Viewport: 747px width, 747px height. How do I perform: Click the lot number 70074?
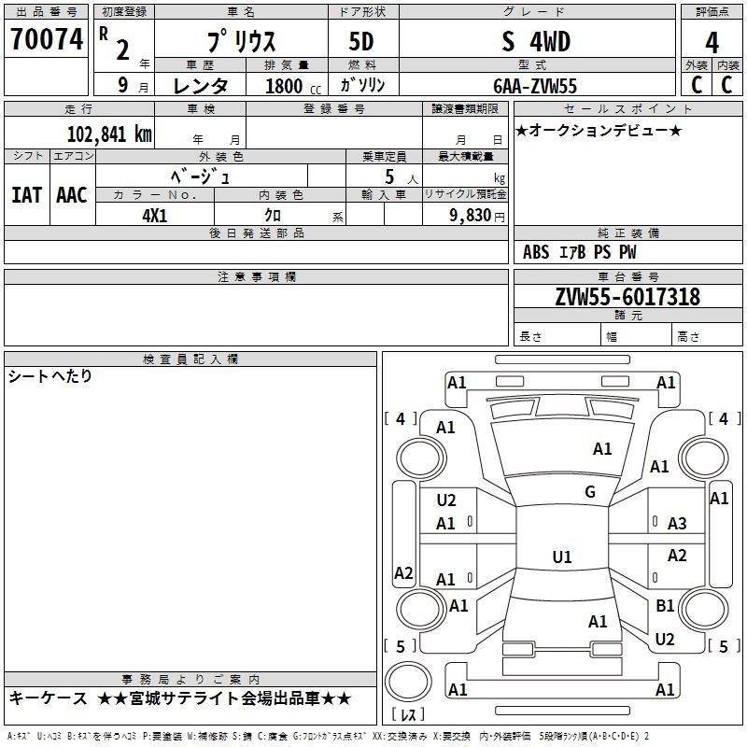[x=47, y=40]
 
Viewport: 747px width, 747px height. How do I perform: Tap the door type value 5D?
[x=363, y=42]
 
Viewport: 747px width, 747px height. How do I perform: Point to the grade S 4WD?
[x=535, y=42]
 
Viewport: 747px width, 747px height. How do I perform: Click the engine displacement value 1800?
[x=284, y=86]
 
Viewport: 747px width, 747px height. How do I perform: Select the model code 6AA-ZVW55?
[x=535, y=86]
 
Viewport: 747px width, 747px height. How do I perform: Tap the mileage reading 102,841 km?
[x=108, y=133]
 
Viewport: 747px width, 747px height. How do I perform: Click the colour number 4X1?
[x=154, y=214]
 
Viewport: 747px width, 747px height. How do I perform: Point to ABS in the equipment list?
[x=536, y=251]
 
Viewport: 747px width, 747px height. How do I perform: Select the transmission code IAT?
[x=25, y=194]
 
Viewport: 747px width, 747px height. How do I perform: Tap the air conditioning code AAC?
[x=71, y=194]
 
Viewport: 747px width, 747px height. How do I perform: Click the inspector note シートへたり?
[x=50, y=376]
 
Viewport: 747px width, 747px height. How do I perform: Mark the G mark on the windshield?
[x=590, y=492]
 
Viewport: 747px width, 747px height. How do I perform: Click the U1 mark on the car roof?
[x=561, y=557]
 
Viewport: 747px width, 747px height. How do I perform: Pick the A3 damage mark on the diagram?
[x=677, y=524]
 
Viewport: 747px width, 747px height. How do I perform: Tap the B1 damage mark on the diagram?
[x=665, y=606]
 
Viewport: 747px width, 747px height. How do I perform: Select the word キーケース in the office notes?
[x=48, y=698]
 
